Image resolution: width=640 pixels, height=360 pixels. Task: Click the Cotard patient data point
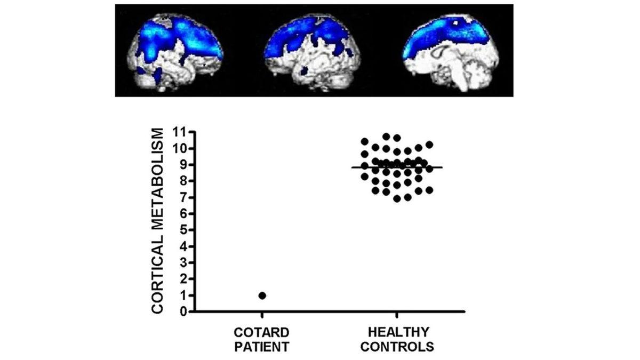[262, 295]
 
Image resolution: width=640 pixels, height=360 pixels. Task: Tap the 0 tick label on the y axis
[182, 311]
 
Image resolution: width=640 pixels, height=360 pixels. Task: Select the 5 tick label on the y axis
[182, 230]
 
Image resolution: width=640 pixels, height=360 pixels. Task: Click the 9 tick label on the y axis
[182, 165]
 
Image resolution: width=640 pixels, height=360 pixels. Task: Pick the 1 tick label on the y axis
[182, 295]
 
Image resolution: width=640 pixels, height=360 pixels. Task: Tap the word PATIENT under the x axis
[262, 347]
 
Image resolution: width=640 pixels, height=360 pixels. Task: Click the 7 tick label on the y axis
[182, 197]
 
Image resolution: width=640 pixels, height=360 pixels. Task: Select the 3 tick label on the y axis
[182, 263]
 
